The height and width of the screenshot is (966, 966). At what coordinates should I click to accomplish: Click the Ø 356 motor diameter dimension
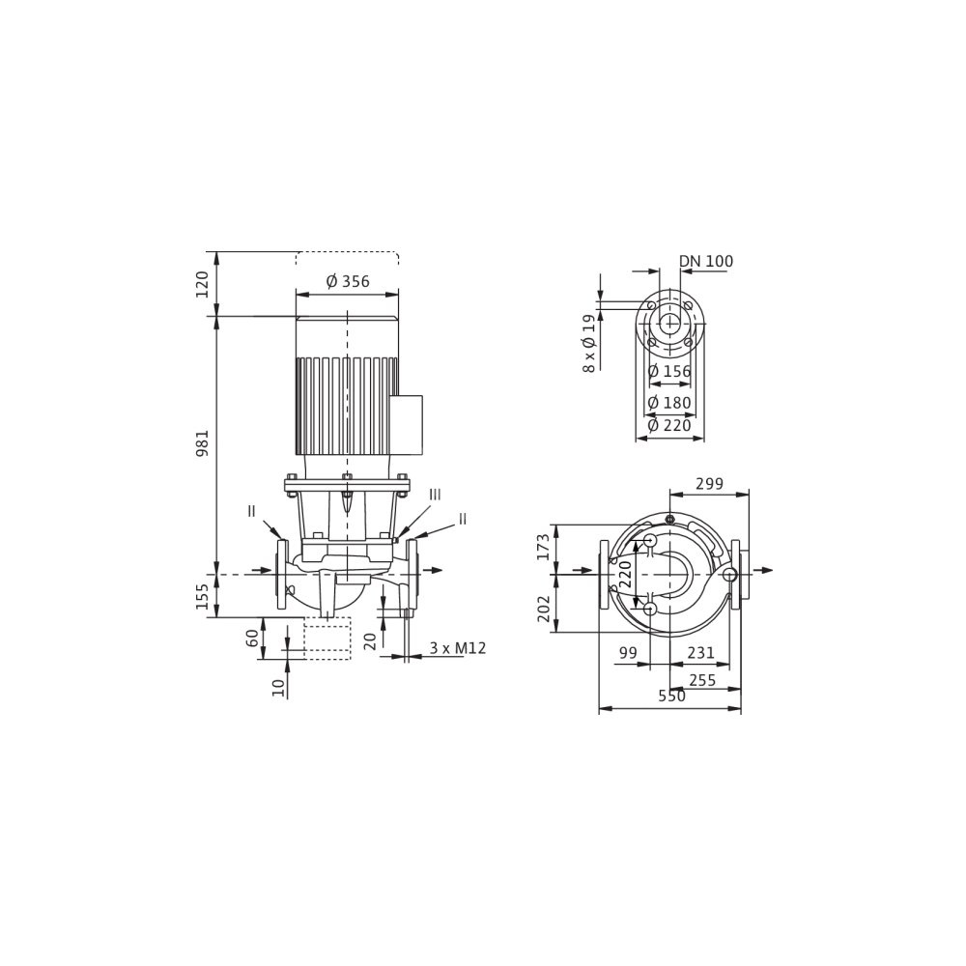coord(348,281)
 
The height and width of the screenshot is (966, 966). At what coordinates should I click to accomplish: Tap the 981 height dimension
coord(203,443)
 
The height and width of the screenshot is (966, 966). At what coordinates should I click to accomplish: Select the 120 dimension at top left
coord(203,284)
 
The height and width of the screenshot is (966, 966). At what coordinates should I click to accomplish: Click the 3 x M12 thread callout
coord(458,648)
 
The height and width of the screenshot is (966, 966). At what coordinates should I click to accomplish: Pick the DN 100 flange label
coord(706,261)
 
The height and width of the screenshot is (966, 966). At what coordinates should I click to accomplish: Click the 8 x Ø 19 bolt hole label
coord(589,343)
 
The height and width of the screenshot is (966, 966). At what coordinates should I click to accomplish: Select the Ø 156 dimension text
coord(669,372)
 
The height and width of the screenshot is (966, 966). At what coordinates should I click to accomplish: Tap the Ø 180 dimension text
coord(669,402)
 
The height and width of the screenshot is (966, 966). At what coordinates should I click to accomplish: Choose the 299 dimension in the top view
coord(709,484)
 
